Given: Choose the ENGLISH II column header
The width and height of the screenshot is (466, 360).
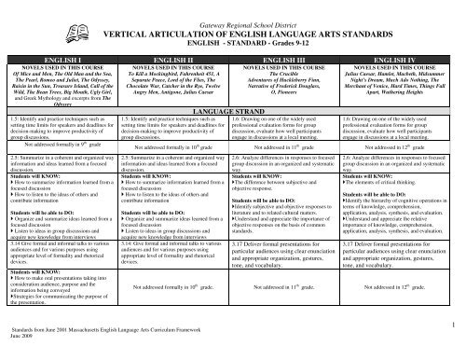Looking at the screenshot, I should (175, 59).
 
